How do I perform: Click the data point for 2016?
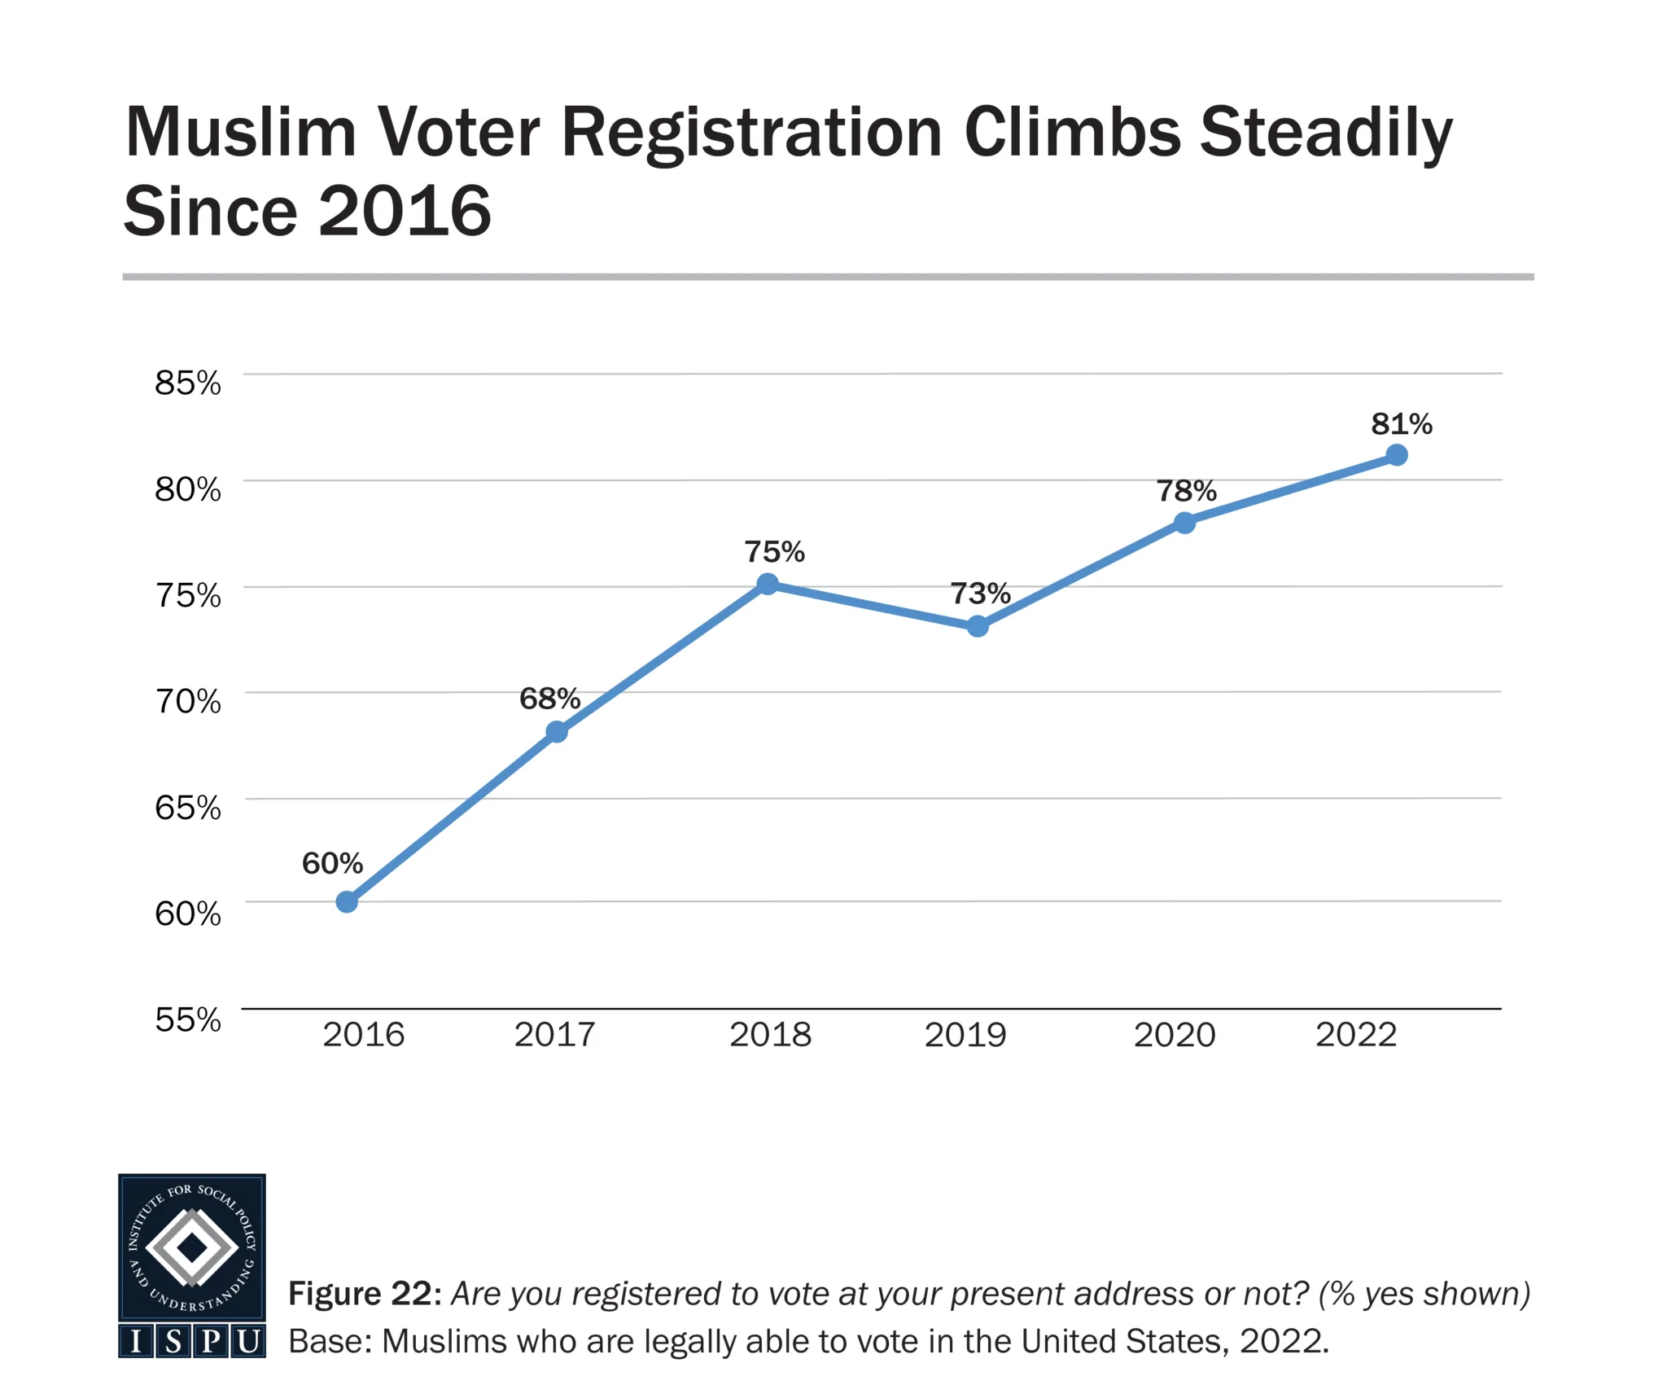point(347,902)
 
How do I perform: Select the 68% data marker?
point(557,732)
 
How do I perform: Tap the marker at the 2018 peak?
point(768,584)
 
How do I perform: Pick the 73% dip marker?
point(978,626)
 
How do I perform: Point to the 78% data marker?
point(1185,523)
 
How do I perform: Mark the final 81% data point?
point(1397,455)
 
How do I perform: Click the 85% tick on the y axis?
point(188,383)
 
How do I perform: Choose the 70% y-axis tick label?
point(188,701)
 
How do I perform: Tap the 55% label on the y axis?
point(188,1019)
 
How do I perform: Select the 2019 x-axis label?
point(965,1035)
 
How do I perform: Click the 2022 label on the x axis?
point(1356,1035)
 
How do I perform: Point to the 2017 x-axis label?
point(554,1035)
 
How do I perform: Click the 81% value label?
point(1402,424)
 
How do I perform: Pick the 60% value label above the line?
point(332,863)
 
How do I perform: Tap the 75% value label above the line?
point(774,552)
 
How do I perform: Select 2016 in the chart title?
point(405,211)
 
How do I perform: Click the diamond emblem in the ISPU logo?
point(192,1247)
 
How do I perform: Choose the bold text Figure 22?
point(365,1294)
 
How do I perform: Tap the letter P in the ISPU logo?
point(211,1341)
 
